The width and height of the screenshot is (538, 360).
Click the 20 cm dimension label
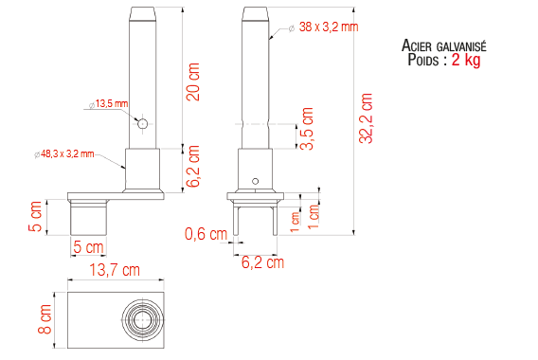pyautogui.click(x=193, y=91)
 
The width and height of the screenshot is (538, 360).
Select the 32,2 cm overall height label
pyautogui.click(x=367, y=118)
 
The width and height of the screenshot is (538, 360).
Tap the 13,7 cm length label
pyautogui.click(x=114, y=270)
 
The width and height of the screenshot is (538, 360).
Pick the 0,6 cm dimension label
pyautogui.click(x=206, y=234)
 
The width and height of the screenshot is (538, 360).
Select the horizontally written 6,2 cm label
pyautogui.click(x=261, y=261)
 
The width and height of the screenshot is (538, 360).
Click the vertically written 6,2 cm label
pyautogui.click(x=193, y=167)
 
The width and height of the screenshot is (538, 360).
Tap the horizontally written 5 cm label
pyautogui.click(x=88, y=247)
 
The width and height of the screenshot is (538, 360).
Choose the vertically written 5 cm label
pyautogui.click(x=36, y=216)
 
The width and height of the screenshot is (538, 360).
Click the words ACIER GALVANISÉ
pyautogui.click(x=444, y=45)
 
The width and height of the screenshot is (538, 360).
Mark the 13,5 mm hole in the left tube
pyautogui.click(x=142, y=123)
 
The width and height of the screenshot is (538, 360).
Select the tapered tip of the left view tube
pyautogui.click(x=143, y=14)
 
